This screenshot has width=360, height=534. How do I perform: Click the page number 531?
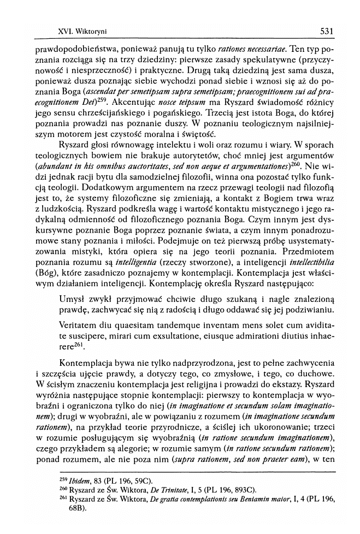click(327, 31)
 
